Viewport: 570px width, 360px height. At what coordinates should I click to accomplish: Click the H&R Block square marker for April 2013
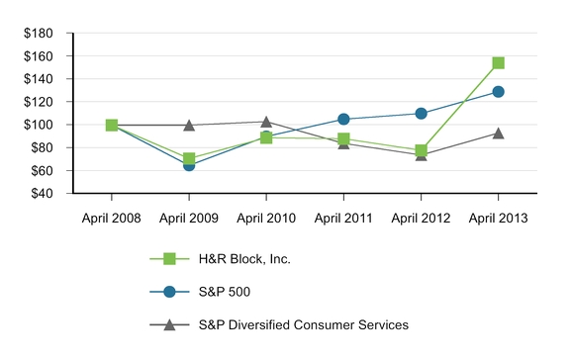pos(498,63)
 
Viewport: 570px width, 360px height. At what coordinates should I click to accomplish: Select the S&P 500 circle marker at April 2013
pos(498,92)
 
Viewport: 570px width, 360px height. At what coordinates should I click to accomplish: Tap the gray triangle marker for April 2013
pos(498,134)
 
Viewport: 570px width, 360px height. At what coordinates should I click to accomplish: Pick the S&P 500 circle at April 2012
pos(421,114)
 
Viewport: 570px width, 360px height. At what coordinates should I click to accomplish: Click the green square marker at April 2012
pos(421,150)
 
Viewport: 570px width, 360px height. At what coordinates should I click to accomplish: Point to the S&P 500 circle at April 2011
pos(343,119)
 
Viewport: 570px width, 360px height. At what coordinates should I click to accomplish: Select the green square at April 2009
pos(189,158)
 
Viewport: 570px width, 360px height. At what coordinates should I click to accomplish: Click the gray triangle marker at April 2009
pos(189,126)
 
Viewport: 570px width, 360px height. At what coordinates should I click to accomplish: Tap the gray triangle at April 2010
pos(266,122)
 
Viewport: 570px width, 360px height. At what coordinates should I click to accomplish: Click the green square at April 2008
pos(112,125)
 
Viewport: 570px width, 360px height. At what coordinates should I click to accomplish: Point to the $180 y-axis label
pos(39,33)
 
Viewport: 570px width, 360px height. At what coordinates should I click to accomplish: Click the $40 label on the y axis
pos(42,193)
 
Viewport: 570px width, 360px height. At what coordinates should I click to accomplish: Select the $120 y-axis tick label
pos(39,102)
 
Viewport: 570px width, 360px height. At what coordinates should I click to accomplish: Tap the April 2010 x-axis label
pos(266,218)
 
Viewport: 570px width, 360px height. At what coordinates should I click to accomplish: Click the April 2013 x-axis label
pos(498,218)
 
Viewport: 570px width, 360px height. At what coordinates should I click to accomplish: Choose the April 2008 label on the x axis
pos(111,218)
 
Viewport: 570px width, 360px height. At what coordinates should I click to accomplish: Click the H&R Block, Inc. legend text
pos(244,259)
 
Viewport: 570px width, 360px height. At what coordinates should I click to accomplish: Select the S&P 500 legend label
pos(225,292)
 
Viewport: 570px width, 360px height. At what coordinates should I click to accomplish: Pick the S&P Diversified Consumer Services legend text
pos(304,324)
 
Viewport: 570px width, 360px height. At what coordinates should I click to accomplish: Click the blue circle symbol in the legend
pos(169,292)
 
